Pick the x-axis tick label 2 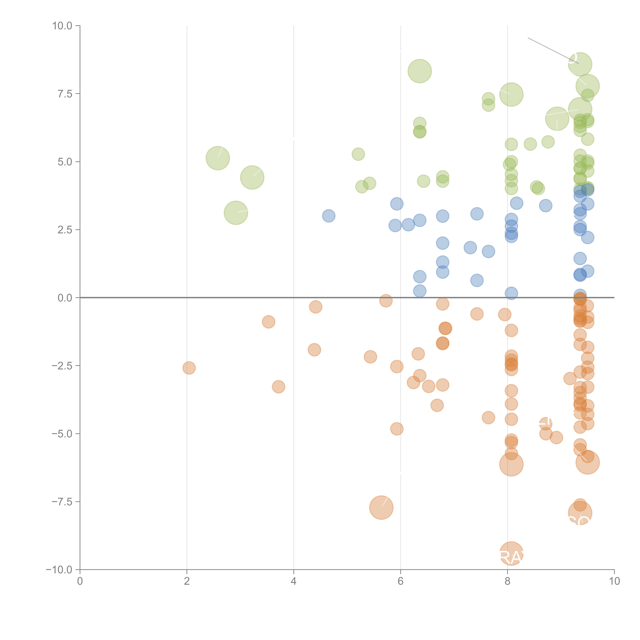click(187, 581)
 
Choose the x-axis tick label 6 click(401, 581)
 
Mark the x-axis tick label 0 click(80, 581)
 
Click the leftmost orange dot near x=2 click(189, 368)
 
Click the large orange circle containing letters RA click(511, 554)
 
